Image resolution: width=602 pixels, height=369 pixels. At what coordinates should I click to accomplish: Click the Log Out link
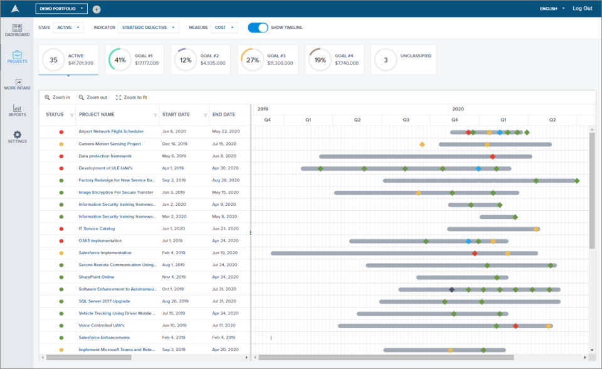582,8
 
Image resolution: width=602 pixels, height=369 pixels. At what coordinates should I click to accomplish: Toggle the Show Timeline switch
258,28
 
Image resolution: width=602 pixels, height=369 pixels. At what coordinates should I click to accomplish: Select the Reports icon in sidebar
17,110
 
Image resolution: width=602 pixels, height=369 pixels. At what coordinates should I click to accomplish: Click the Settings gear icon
17,135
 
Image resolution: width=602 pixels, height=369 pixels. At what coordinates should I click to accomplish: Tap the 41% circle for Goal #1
120,60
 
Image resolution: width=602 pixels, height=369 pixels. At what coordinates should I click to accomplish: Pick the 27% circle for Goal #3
252,60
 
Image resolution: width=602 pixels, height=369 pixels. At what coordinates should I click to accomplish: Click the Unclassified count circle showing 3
386,60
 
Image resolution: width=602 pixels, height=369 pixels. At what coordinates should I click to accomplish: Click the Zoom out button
93,97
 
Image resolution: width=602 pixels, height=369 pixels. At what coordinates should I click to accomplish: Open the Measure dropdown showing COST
224,28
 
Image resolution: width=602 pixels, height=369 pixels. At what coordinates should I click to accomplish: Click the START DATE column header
176,115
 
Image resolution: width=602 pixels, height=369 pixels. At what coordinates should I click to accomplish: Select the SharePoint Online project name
96,277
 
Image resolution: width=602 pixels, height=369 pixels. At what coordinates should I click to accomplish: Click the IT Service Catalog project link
97,228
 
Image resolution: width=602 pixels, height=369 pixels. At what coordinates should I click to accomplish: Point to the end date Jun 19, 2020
226,253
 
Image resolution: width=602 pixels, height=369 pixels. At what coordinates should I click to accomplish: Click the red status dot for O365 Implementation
61,240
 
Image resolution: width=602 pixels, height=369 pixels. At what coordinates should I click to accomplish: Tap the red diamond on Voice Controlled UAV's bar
515,326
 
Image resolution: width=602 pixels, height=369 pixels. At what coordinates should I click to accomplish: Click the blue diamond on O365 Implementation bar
468,241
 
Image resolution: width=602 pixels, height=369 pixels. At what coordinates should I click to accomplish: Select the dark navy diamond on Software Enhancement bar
451,289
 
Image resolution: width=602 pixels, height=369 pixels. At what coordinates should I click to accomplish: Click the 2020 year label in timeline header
458,109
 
